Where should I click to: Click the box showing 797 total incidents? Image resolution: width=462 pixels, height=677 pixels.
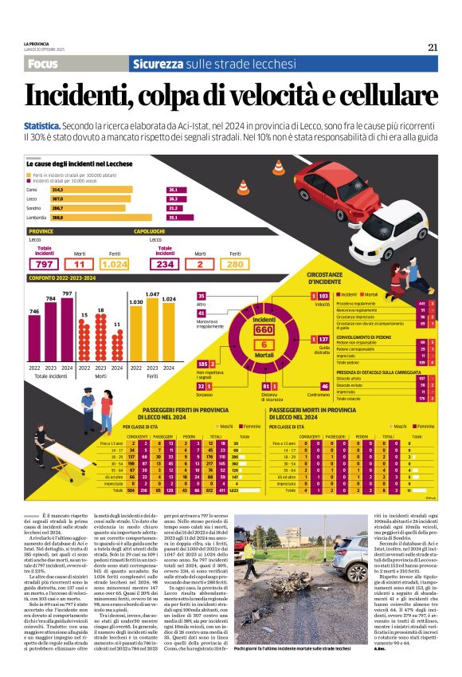click(x=45, y=264)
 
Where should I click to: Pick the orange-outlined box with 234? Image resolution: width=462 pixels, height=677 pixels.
click(x=165, y=264)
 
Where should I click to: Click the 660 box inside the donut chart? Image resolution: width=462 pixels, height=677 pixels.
click(x=264, y=330)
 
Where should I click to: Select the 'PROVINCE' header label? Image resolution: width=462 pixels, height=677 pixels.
click(x=41, y=230)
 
